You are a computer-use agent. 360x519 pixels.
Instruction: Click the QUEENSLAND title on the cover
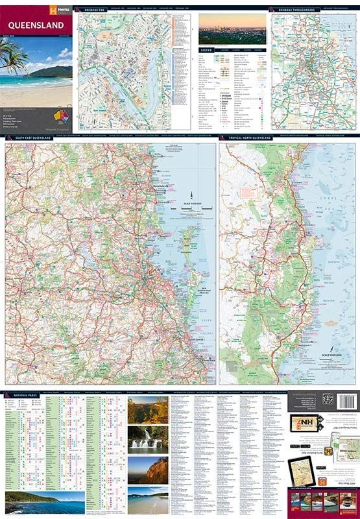pyautogui.click(x=36, y=25)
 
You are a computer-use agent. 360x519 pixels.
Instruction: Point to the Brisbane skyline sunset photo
pyautogui.click(x=232, y=29)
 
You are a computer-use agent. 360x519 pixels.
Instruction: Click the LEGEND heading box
pyautogui.click(x=207, y=49)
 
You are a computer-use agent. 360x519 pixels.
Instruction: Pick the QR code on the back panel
pyautogui.click(x=328, y=400)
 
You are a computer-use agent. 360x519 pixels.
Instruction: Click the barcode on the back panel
pyautogui.click(x=347, y=400)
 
